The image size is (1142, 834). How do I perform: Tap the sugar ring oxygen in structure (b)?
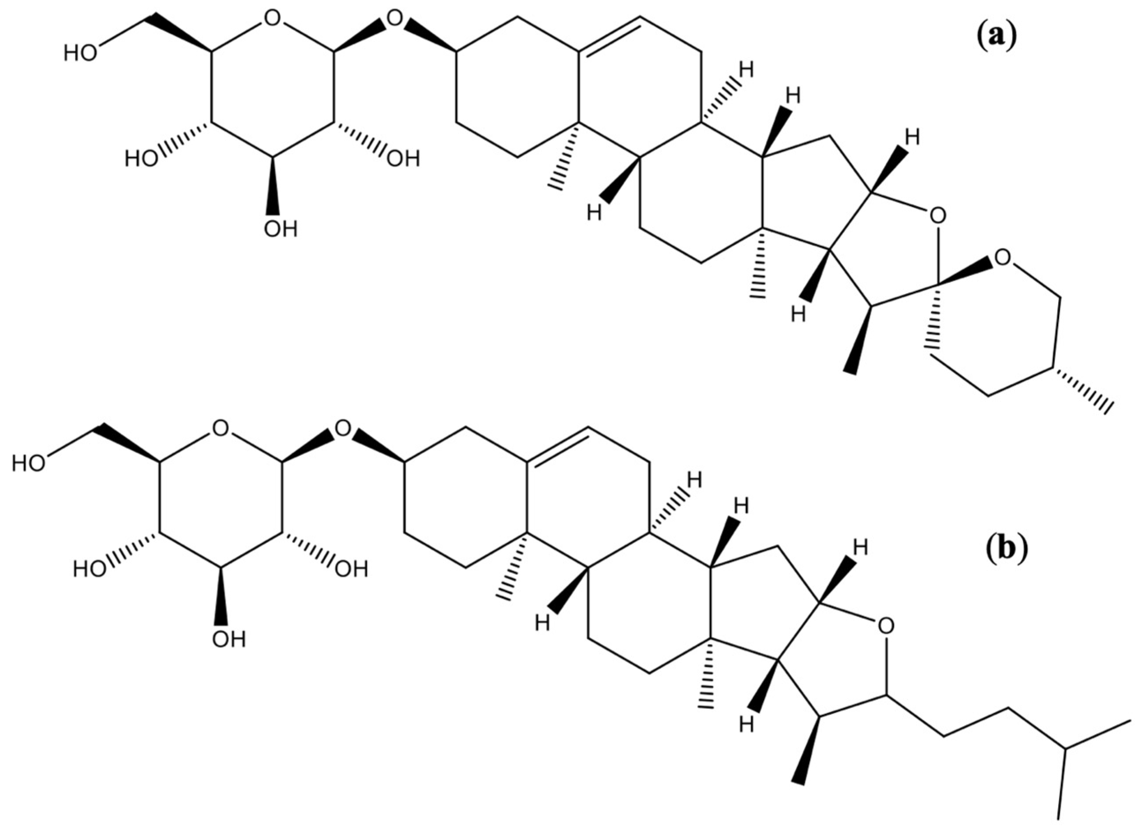tap(220, 428)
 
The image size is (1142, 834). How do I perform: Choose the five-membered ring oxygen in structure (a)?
tap(937, 216)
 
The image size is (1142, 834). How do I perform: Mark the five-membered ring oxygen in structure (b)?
tap(885, 626)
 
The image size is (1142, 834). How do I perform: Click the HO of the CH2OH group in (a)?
tap(80, 53)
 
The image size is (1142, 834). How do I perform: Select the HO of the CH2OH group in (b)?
tap(28, 462)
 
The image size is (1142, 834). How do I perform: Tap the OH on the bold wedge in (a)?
tap(281, 229)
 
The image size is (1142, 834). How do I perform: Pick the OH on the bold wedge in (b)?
tap(229, 639)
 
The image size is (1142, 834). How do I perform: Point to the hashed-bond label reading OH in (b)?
tap(352, 570)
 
